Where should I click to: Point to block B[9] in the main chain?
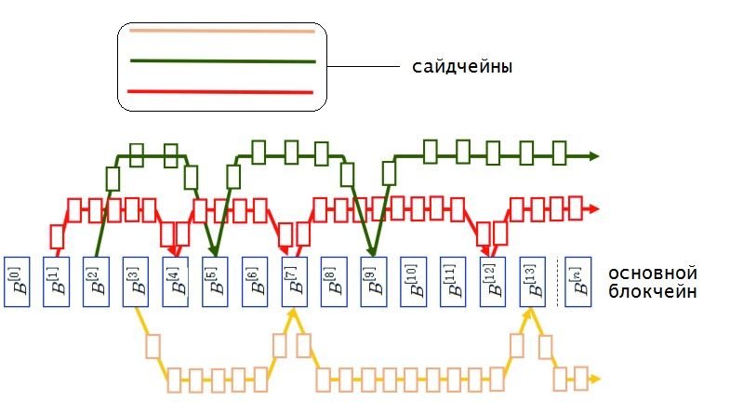click(x=373, y=281)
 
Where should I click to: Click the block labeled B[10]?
click(x=412, y=281)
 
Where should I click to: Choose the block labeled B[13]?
click(x=532, y=281)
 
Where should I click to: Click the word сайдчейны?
click(x=462, y=68)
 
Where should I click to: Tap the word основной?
click(x=652, y=274)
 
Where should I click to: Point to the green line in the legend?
click(x=221, y=61)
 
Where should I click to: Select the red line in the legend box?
click(x=219, y=91)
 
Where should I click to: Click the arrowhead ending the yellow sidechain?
click(x=593, y=380)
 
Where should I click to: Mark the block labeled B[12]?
click(x=492, y=281)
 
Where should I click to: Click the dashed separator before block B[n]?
click(x=557, y=281)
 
